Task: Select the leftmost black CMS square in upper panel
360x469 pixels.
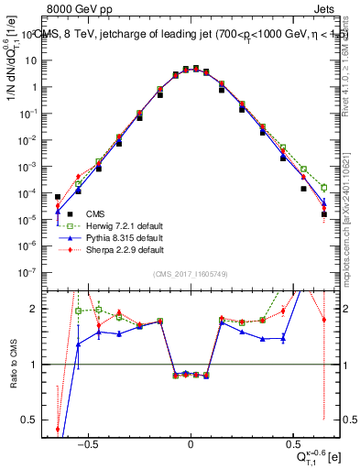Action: [x=58, y=197]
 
